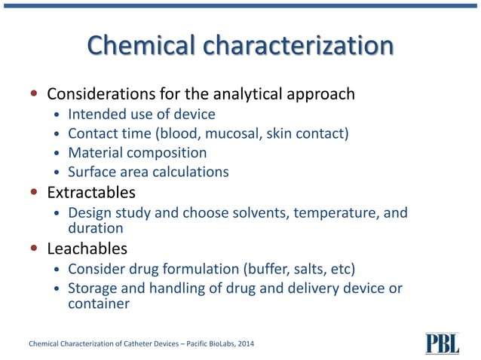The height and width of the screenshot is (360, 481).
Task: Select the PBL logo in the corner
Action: [442, 343]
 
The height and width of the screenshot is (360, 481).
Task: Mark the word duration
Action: [96, 227]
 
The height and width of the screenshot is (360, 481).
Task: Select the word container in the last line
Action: [99, 304]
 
